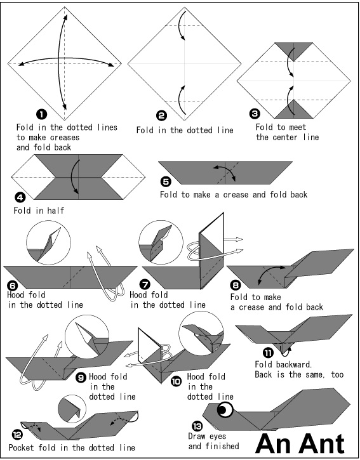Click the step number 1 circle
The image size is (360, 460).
[41, 114]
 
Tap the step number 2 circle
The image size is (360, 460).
[161, 116]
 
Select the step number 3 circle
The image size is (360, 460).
[255, 114]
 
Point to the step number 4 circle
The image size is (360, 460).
[20, 197]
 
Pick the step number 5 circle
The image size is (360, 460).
[166, 182]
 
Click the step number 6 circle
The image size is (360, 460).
[13, 286]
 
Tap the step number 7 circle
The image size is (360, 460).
[145, 285]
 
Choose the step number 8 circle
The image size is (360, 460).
[236, 285]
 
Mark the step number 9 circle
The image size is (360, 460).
[81, 378]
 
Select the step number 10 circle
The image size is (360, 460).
[176, 381]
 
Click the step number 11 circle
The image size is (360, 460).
[268, 353]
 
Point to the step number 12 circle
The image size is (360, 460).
[17, 435]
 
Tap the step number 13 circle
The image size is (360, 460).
[197, 426]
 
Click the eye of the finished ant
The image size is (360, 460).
[225, 409]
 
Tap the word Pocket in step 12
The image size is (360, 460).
[21, 448]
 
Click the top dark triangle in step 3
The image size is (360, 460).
[293, 50]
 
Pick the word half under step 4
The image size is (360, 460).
[55, 211]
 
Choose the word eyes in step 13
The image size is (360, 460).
[217, 437]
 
